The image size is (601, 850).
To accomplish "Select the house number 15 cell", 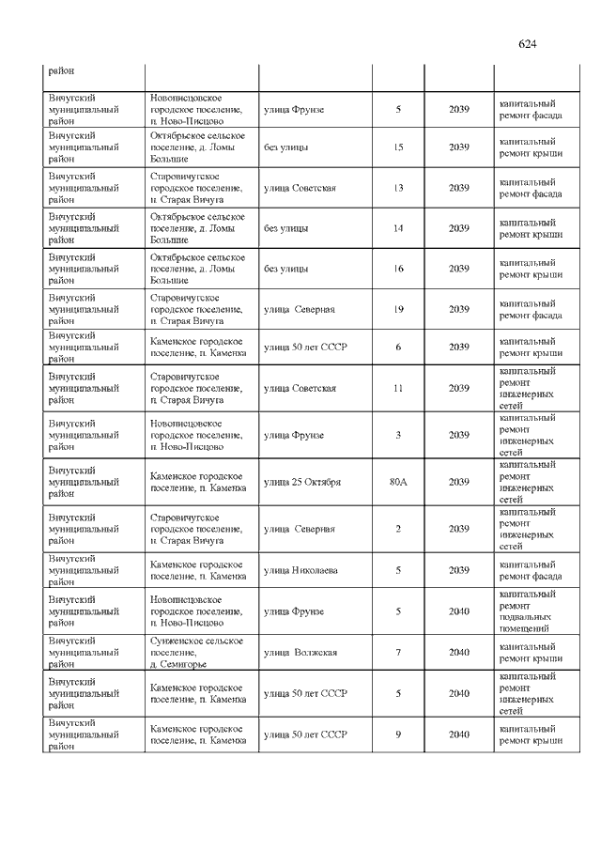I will coord(398,147).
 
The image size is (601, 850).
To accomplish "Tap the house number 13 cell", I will coord(398,188).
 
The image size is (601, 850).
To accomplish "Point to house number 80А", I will coord(398,482).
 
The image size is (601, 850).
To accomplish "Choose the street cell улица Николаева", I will coord(300,570).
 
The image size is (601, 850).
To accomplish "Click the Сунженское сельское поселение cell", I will coord(196,652).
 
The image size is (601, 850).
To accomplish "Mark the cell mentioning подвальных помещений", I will coord(531,611).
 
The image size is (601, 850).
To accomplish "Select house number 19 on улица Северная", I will coord(398,310).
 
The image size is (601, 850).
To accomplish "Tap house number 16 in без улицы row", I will coord(398,270).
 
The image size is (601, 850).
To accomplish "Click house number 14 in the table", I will coord(398,228).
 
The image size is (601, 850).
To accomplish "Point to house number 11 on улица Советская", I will coord(398,388).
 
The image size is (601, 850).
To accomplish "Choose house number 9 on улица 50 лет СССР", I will coord(398,734).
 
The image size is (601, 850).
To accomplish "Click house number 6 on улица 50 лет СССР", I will coord(398,348).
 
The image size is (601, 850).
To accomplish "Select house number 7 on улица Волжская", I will coord(398,652).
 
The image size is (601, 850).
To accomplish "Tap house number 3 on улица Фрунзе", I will coord(398,435).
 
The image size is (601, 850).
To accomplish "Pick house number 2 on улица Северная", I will coord(398,529).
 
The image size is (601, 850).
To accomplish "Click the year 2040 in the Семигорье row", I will coord(458,652).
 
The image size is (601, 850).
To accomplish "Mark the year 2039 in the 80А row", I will coord(458,482).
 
